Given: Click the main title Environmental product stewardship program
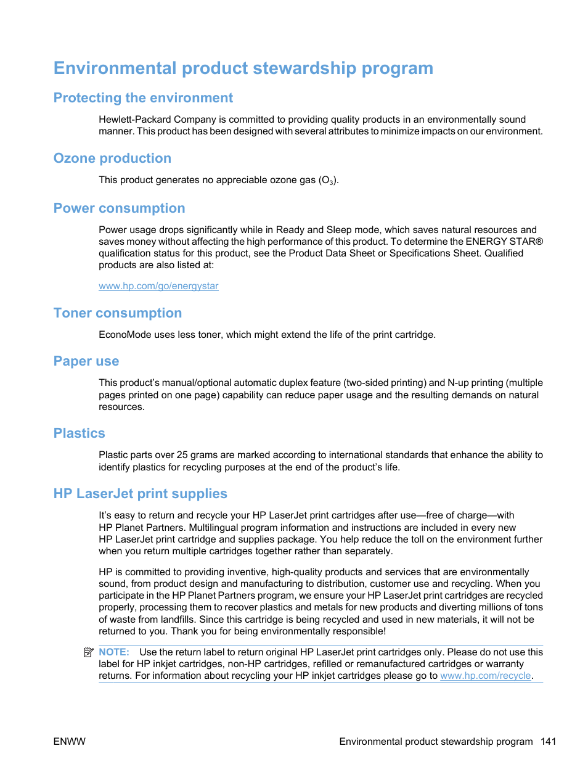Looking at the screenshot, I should point(243,68).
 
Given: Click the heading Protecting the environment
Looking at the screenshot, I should point(143,98).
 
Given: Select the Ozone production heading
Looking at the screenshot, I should point(112,158).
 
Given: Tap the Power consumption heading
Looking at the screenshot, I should point(119,208).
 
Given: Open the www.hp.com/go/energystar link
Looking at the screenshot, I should point(158,286).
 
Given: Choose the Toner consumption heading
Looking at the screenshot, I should point(117,313).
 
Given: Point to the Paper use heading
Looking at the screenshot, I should point(86,361).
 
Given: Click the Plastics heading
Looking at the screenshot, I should point(79,433).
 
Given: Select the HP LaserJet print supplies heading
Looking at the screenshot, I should point(140,494).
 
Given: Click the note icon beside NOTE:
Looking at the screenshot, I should point(88,652).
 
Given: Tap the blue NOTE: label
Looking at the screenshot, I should point(114,652).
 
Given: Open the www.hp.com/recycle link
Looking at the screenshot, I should point(485,676).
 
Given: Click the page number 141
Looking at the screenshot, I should point(548,742).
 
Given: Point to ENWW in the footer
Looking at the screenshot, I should point(69,742).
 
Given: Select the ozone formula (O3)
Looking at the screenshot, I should point(327,180).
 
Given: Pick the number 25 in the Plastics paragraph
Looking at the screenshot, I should point(182,455).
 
